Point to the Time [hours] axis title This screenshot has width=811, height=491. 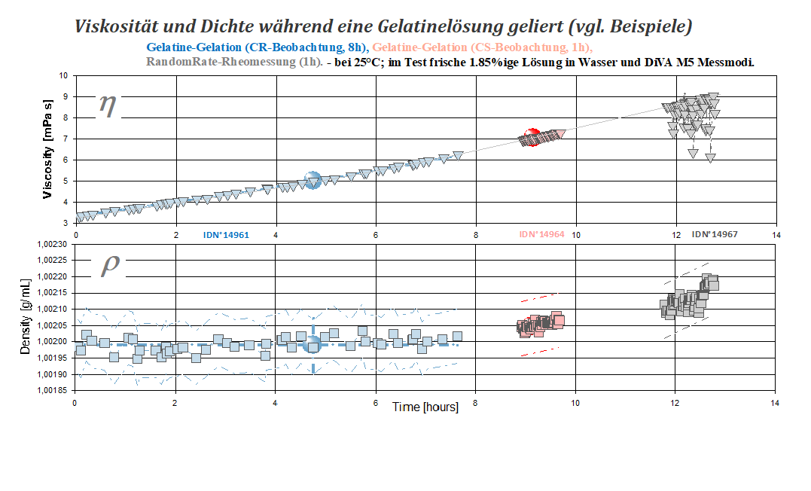425,407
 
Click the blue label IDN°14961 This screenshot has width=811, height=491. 226,235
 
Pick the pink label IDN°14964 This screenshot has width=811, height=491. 541,235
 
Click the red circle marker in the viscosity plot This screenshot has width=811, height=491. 532,137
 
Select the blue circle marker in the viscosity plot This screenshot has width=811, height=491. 312,180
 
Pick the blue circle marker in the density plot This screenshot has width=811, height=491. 313,345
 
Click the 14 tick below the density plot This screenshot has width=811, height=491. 776,404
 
